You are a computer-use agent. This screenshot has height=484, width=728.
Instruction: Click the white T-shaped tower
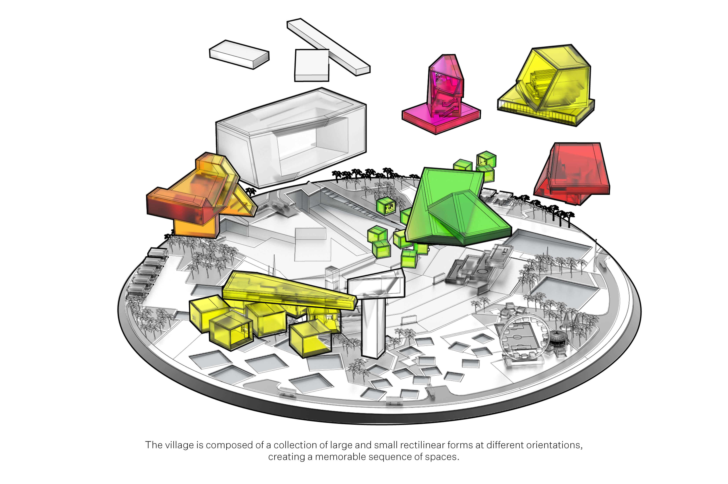[x=375, y=312]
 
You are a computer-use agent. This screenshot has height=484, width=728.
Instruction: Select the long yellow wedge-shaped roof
[x=289, y=290]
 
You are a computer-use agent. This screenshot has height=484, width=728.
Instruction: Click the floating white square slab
[x=312, y=65]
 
